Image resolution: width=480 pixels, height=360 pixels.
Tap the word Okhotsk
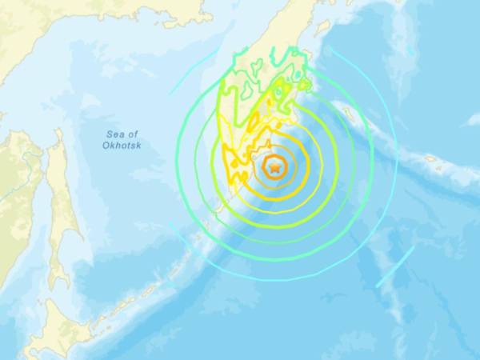pyautogui.click(x=121, y=146)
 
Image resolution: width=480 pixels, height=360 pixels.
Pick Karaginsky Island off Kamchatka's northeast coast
pyautogui.click(x=324, y=28)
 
